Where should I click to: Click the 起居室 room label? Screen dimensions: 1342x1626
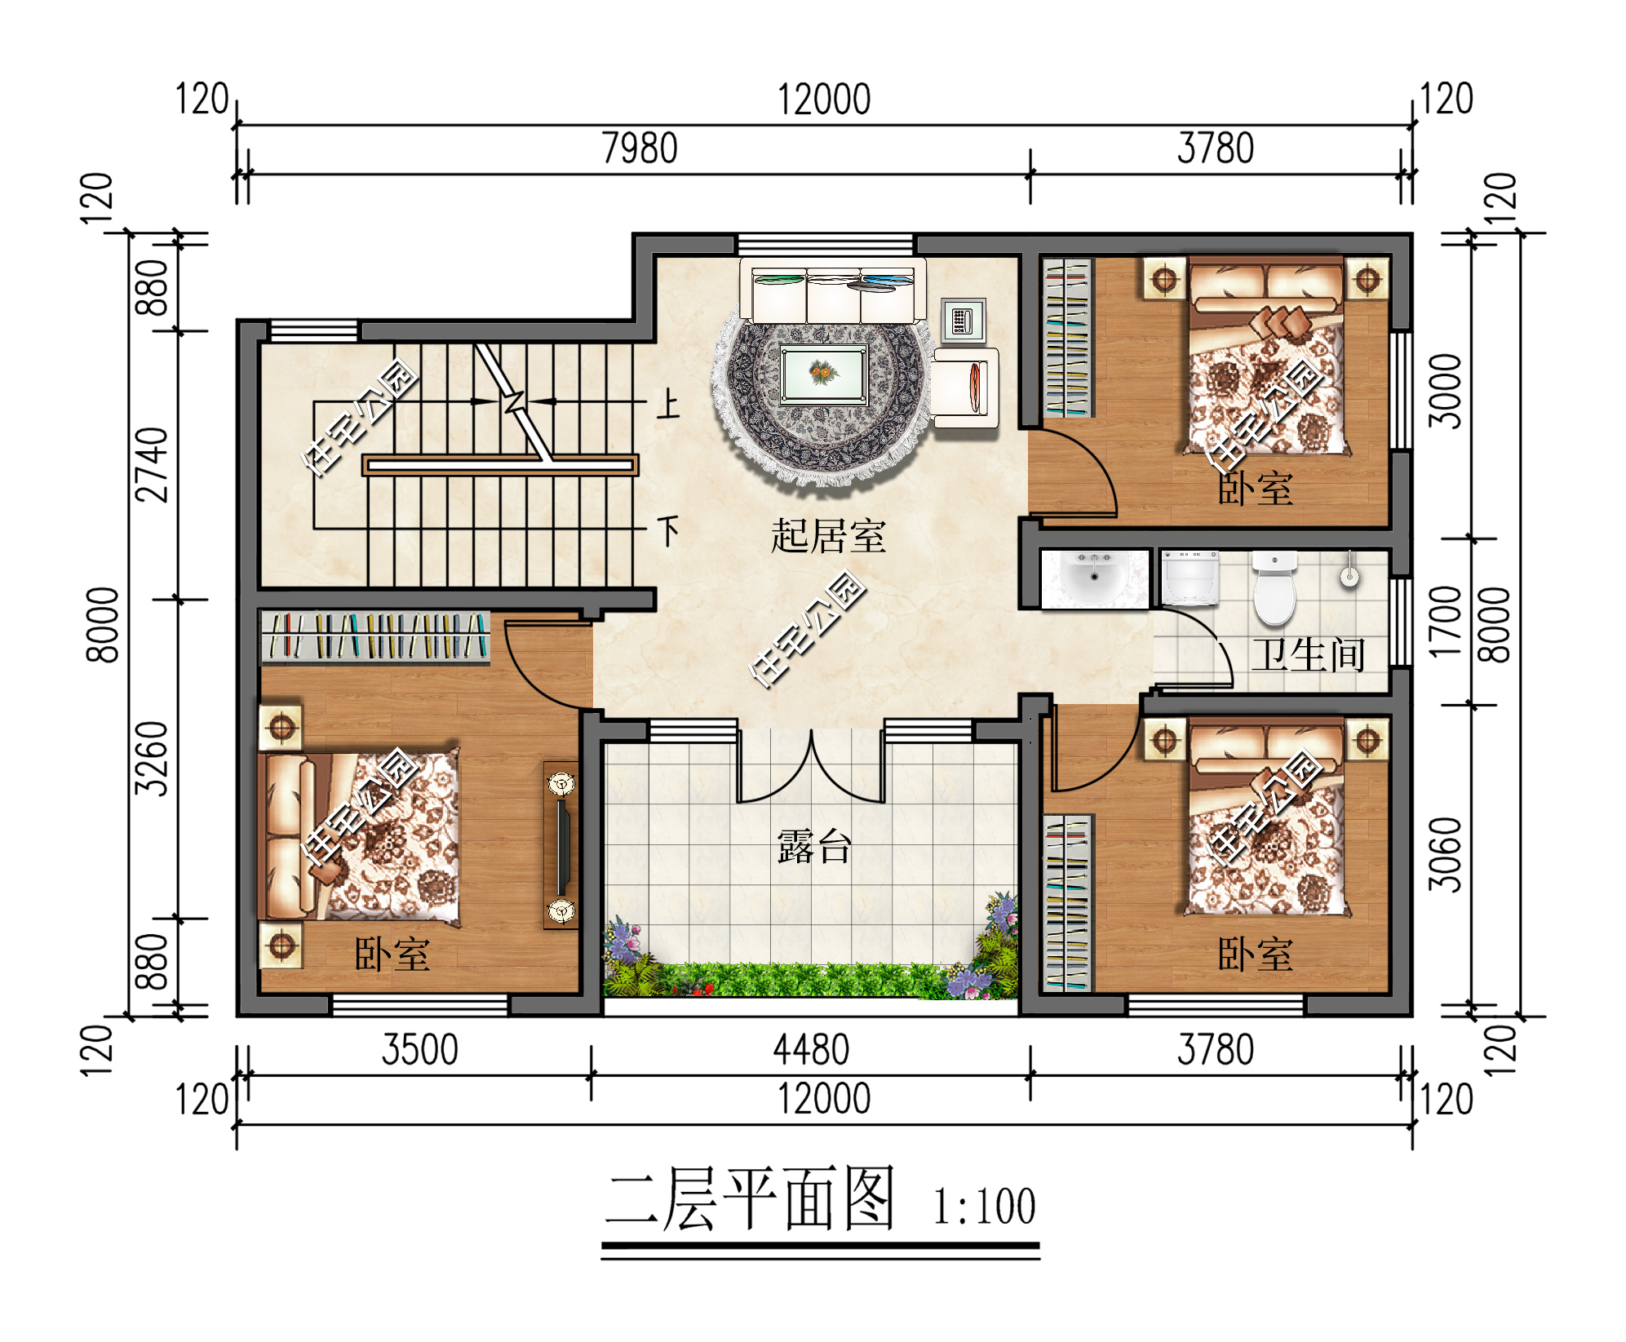pos(827,536)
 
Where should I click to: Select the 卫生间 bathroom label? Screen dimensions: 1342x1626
pos(1308,655)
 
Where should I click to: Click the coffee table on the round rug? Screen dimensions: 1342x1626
pos(823,374)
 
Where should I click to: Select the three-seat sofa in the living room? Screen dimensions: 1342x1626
pos(832,291)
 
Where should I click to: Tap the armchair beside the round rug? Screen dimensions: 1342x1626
pos(964,388)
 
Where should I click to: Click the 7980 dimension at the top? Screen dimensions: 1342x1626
pos(640,148)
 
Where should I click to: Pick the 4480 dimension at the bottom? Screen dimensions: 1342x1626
pos(811,1050)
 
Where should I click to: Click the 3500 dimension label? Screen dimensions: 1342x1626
pos(419,1050)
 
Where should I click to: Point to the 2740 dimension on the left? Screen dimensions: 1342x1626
pos(153,464)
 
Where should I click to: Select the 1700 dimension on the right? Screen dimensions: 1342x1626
pos(1445,622)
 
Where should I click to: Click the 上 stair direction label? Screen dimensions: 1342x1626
pos(667,404)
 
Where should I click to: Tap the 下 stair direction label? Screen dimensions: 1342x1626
pos(668,531)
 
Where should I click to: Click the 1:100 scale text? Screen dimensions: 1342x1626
pos(984,1207)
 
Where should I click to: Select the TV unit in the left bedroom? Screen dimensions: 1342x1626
pos(561,845)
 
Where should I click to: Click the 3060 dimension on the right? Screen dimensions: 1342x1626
pos(1445,854)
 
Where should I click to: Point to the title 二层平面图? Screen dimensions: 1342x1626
pos(750,1199)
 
